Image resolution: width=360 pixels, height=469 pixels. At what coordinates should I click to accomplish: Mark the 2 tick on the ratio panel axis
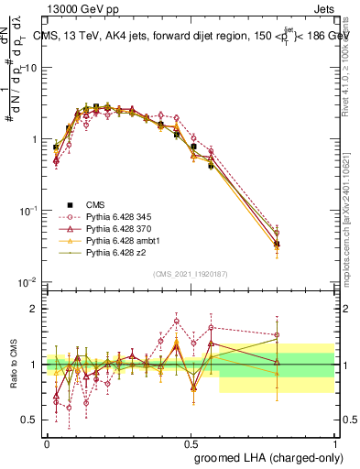tap(35, 309)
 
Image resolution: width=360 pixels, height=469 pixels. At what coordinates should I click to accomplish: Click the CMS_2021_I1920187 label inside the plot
tap(190, 272)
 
